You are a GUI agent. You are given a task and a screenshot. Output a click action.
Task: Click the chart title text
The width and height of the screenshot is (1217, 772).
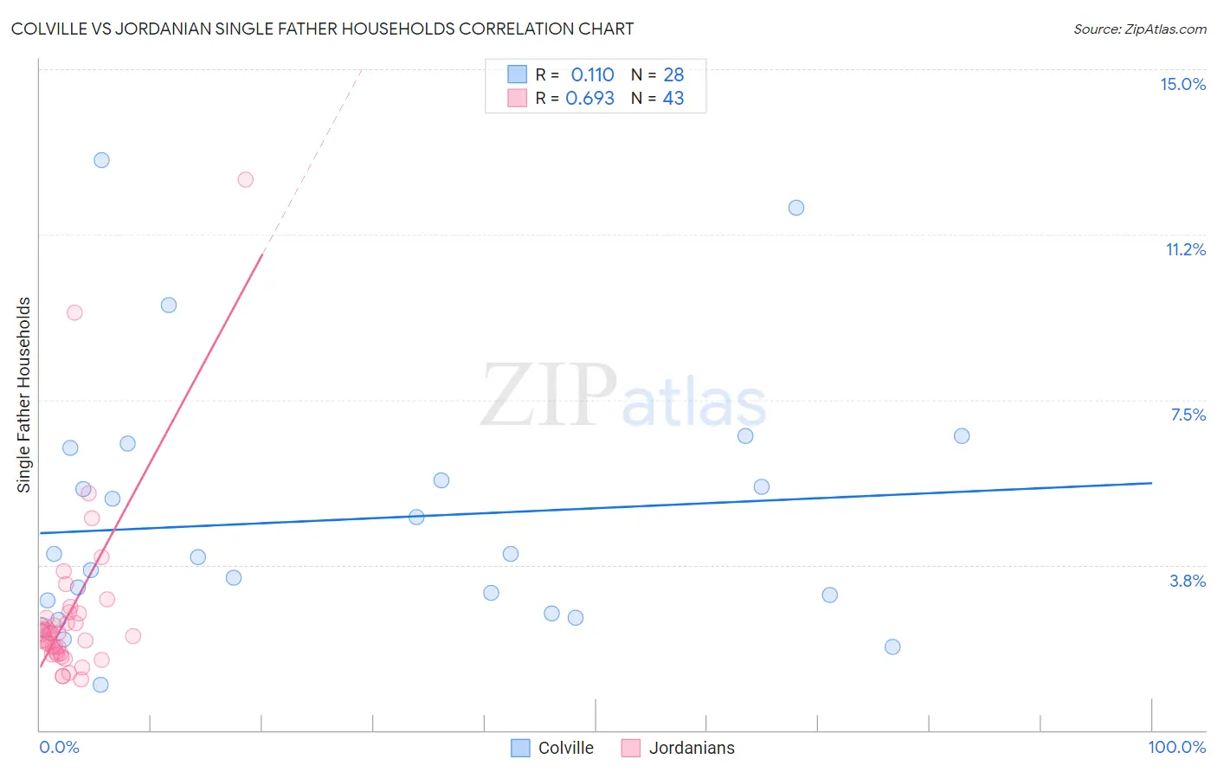point(322,29)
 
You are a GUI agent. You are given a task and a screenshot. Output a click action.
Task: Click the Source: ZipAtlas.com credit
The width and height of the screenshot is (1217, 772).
point(1139,29)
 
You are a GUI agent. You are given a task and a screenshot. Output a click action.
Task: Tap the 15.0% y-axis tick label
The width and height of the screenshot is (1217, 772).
point(1182,84)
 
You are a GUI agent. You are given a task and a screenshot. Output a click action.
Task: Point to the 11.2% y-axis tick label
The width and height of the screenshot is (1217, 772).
point(1185,249)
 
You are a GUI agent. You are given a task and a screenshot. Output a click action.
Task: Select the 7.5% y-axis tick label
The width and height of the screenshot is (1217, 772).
point(1188,415)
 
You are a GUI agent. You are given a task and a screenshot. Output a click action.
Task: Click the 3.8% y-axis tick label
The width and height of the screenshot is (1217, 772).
point(1188,581)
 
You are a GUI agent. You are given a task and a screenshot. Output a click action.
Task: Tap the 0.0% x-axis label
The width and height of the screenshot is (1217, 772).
point(59,747)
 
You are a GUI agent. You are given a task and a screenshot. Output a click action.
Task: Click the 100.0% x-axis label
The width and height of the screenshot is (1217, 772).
point(1176,747)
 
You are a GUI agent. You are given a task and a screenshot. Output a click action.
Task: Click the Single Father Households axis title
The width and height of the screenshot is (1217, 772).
point(24,395)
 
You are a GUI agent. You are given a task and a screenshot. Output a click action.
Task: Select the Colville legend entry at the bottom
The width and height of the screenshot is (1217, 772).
point(565,748)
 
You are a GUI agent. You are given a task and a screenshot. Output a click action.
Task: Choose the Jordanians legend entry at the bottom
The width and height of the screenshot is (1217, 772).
point(691,748)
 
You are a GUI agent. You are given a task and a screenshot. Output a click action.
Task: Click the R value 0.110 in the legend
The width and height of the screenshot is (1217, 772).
point(592,74)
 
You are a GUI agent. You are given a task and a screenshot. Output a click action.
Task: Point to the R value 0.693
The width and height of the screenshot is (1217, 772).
point(589,98)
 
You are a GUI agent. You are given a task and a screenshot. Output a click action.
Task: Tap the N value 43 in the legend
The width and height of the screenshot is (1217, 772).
point(673,98)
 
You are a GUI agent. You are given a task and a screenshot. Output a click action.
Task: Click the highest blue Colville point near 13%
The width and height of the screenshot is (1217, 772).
point(101,160)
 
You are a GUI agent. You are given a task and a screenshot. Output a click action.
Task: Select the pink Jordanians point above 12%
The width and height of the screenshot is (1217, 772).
point(245,180)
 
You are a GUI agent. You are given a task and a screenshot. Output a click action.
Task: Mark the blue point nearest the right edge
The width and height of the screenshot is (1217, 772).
point(961,436)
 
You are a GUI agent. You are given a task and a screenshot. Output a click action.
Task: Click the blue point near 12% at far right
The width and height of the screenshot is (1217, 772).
point(795,208)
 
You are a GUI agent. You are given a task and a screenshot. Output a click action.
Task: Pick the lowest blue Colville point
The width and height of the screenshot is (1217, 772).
point(100,685)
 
